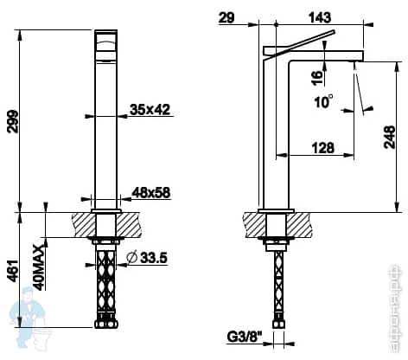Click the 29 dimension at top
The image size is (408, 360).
[x=226, y=16]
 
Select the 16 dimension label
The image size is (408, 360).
[x=317, y=77]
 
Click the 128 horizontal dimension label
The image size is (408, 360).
[x=322, y=148]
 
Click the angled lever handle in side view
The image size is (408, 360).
[x=303, y=41]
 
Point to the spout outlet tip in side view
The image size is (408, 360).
[x=355, y=61]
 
